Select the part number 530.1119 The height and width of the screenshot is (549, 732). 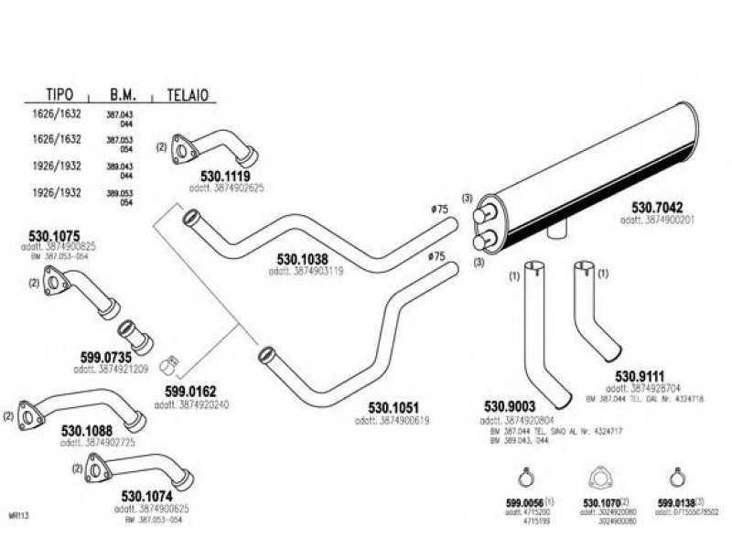coord(225,175)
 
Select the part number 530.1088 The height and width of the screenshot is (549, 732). coord(88,431)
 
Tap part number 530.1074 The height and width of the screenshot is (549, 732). coord(147,496)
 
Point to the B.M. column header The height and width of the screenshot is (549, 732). coord(124,95)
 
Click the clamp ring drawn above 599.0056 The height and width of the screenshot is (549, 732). coord(526,477)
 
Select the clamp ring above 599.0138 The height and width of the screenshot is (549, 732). coord(674,477)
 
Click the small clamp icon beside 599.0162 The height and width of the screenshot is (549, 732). coord(168,366)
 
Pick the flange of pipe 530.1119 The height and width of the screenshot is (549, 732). coord(183,146)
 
